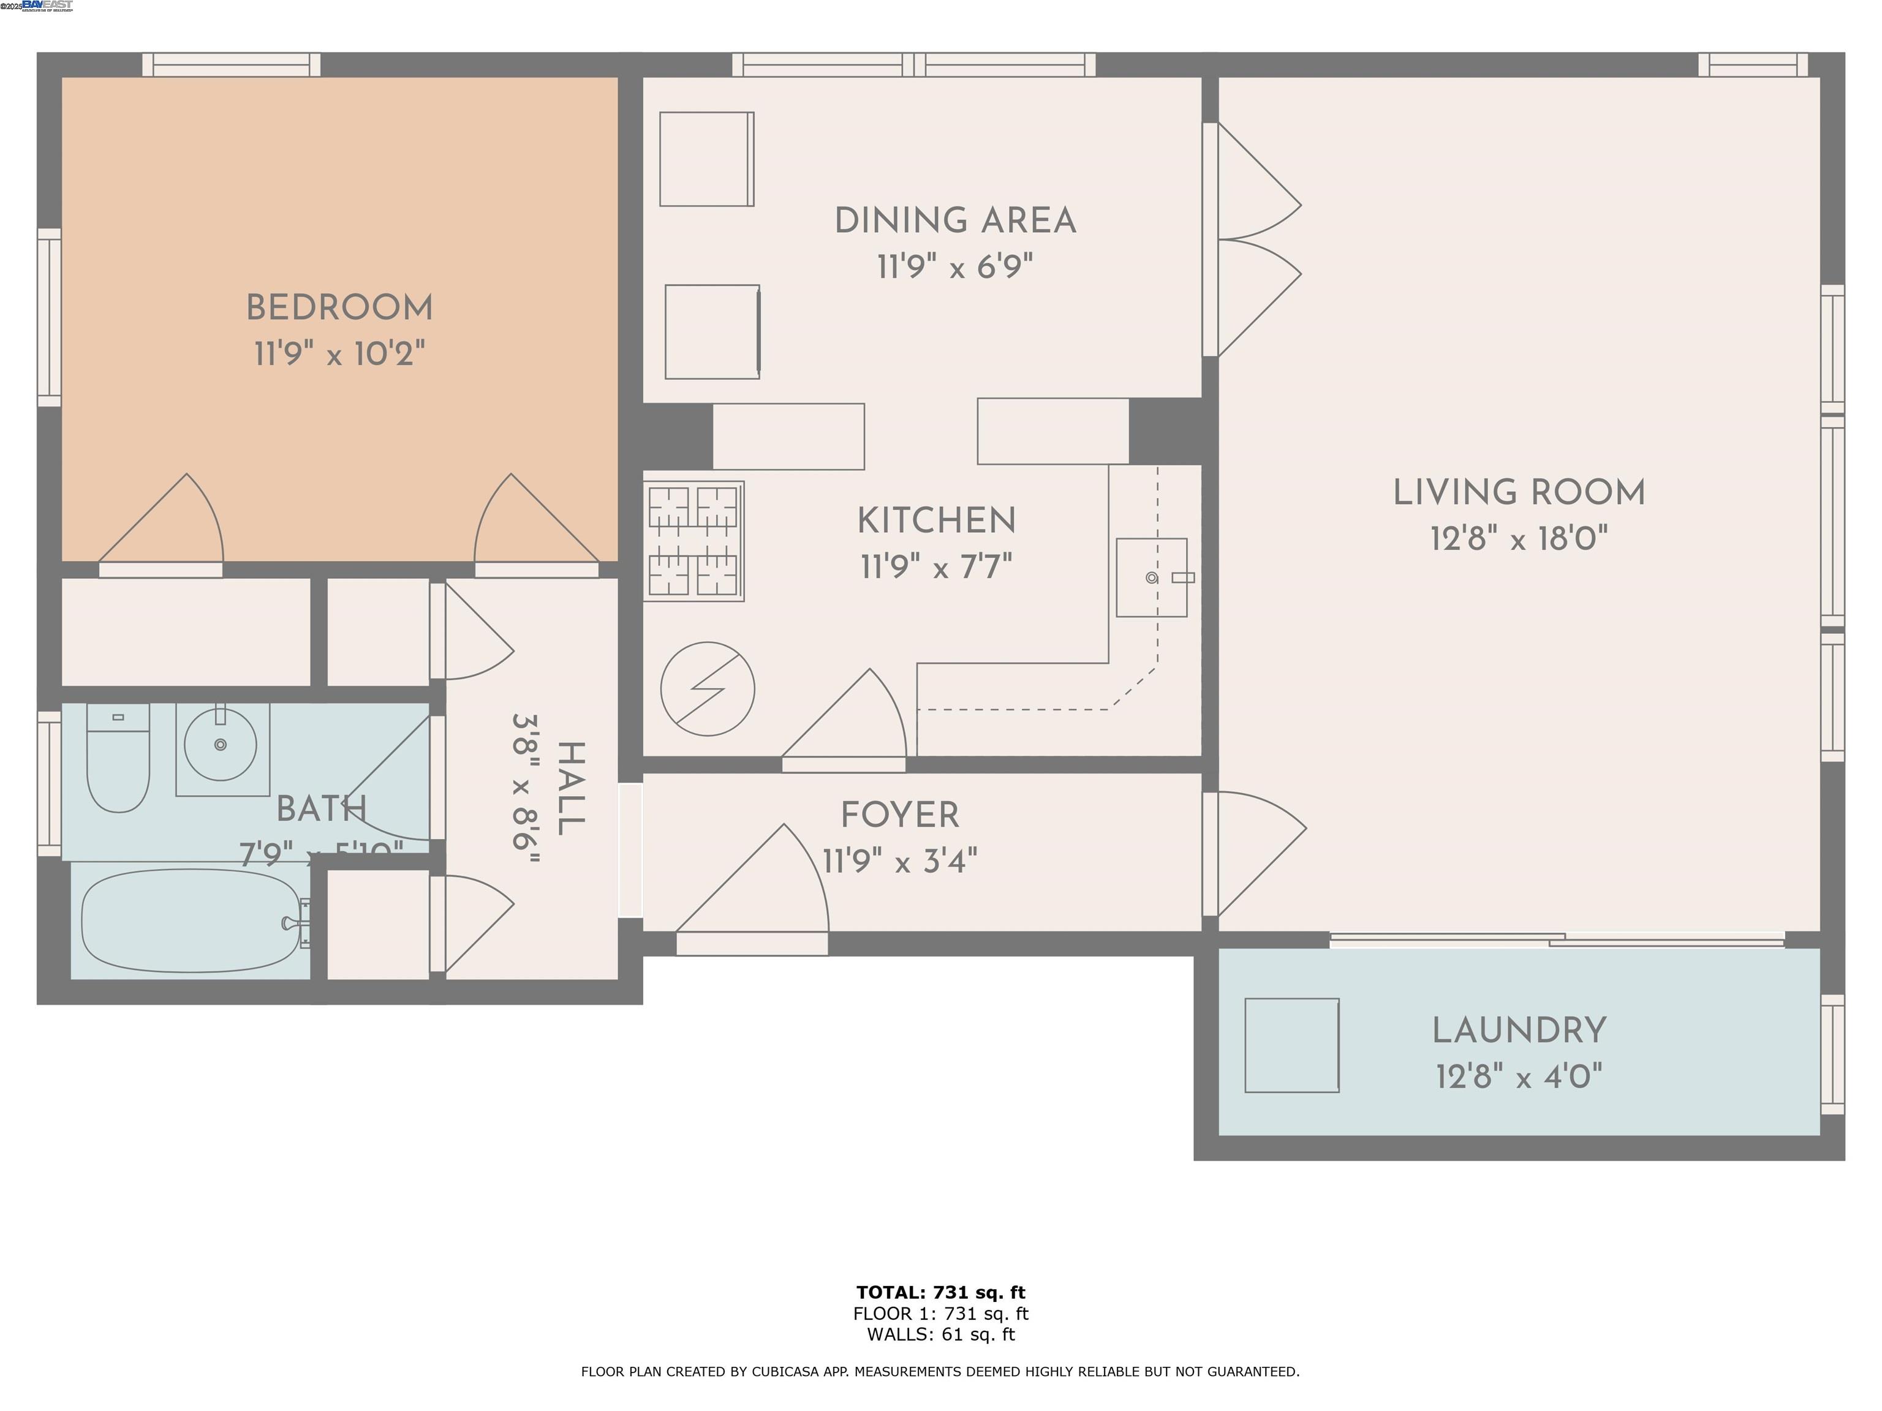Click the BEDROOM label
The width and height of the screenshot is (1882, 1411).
pyautogui.click(x=339, y=308)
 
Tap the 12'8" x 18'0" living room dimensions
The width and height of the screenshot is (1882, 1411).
pyautogui.click(x=1519, y=539)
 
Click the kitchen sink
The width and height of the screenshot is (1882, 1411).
pyautogui.click(x=1151, y=578)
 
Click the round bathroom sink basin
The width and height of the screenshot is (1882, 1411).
pyautogui.click(x=221, y=746)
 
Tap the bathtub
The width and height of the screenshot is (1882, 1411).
pyautogui.click(x=191, y=920)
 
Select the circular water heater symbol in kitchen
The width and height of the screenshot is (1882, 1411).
pyautogui.click(x=708, y=689)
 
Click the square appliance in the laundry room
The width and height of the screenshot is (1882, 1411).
pyautogui.click(x=1291, y=1045)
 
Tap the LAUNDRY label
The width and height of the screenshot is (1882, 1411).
pyautogui.click(x=1519, y=1031)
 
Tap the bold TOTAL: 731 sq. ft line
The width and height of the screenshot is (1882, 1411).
pyautogui.click(x=940, y=1293)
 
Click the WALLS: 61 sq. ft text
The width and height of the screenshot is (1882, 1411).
pyautogui.click(x=940, y=1334)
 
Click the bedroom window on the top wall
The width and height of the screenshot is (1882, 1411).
pyautogui.click(x=232, y=65)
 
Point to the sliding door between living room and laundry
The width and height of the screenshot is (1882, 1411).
pyautogui.click(x=1557, y=940)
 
